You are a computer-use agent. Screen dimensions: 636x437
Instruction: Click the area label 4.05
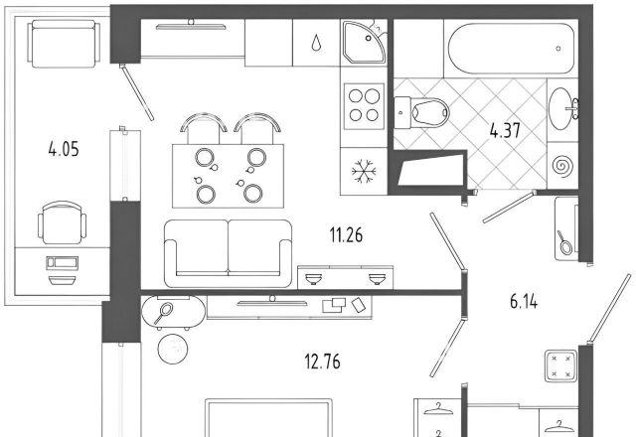click(64, 149)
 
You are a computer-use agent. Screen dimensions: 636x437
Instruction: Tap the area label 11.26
click(346, 234)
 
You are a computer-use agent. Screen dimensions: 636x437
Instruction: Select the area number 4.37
click(505, 130)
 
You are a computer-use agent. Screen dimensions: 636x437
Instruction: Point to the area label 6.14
click(524, 302)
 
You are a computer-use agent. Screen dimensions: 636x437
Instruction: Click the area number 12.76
click(322, 362)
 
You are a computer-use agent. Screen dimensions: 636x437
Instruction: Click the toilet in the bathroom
click(421, 112)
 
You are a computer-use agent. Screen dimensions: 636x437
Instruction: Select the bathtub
click(512, 49)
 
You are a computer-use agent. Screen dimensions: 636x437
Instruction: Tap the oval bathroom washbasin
click(562, 108)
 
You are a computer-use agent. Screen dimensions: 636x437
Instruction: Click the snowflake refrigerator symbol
click(364, 172)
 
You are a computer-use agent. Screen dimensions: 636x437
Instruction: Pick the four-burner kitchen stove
click(364, 106)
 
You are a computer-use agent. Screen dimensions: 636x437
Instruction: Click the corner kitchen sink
click(364, 42)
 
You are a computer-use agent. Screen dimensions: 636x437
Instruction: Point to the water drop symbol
click(316, 43)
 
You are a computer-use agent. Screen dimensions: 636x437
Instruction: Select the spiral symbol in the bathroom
click(562, 166)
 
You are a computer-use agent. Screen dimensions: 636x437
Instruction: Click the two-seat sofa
click(229, 254)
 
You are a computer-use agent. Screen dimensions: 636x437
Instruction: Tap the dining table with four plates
click(228, 176)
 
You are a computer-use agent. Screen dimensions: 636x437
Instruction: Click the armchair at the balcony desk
click(62, 222)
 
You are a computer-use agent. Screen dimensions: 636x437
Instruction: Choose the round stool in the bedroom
click(173, 349)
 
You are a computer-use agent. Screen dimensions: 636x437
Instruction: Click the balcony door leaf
click(138, 93)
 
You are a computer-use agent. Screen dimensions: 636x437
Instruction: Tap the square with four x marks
click(560, 366)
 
